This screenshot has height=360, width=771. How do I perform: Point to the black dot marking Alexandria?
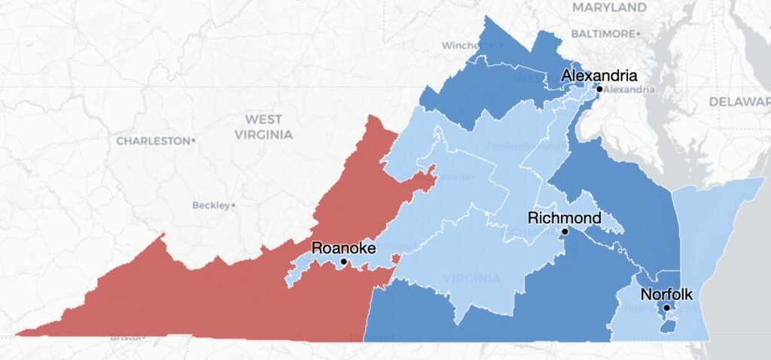coord(599,89)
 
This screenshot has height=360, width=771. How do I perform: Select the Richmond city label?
coord(565,218)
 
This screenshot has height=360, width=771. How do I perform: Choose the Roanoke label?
coord(343,248)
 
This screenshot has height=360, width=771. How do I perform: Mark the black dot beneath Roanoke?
coord(343,261)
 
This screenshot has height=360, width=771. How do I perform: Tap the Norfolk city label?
coord(666,294)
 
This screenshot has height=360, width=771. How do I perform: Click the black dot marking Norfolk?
coord(666,308)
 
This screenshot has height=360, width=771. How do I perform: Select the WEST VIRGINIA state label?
coord(263,127)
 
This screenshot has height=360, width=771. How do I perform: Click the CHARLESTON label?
coord(153,141)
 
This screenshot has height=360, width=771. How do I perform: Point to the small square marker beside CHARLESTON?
coord(194,141)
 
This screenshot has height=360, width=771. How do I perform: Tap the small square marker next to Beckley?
coord(233,205)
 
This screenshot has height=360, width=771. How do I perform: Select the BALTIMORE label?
coord(602,34)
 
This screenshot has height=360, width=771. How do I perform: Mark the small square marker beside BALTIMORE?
coord(638,34)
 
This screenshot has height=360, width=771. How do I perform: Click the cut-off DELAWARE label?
coord(739,101)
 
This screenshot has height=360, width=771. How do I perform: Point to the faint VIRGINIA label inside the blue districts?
coord(471,278)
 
